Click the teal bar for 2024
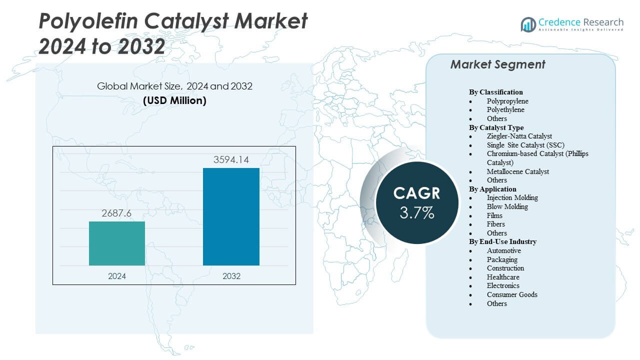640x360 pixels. coord(117,243)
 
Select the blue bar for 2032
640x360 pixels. coord(231,216)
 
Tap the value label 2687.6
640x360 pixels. coord(117,213)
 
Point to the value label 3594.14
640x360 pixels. coord(231,160)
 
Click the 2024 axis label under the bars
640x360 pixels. coord(117,276)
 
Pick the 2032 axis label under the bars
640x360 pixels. coord(231,276)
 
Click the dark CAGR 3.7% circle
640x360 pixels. coord(417,202)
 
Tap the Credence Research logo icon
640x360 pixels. coord(528,24)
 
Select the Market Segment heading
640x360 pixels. coord(497,64)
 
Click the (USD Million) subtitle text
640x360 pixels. coord(174,100)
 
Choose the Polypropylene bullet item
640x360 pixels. coord(507,101)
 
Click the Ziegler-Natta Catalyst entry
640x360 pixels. coord(519,136)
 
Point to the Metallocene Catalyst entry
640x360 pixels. coord(518,171)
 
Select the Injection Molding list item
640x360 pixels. coord(512,197)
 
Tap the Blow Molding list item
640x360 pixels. coord(507,206)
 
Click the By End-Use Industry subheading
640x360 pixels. coord(502,241)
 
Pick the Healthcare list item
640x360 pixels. coord(503,277)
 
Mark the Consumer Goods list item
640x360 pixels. coord(512,294)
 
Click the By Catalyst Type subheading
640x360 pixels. coord(496,127)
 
